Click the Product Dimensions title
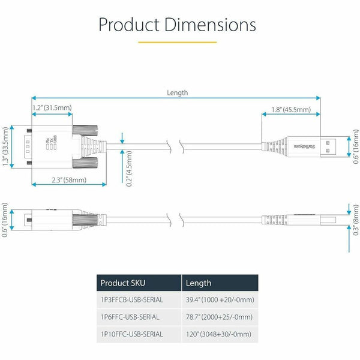pyautogui.click(x=177, y=25)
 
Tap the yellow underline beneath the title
pyautogui.click(x=177, y=43)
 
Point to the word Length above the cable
pyautogui.click(x=177, y=92)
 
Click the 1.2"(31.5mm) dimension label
pyautogui.click(x=52, y=108)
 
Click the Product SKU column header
pyautogui.click(x=123, y=283)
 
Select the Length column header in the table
pyautogui.click(x=199, y=283)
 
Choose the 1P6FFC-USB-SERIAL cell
pyautogui.click(x=130, y=317)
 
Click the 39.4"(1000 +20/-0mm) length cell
pyautogui.click(x=220, y=300)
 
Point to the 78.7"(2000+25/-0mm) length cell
pyautogui.click(x=218, y=317)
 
